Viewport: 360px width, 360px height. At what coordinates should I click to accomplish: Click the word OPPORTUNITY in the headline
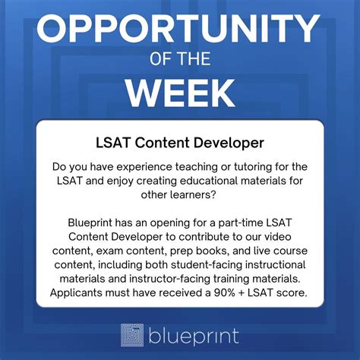[x=179, y=30]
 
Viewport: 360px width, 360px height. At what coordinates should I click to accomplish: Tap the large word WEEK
[x=179, y=93]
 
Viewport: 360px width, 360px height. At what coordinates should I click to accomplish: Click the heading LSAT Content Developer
[x=179, y=141]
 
